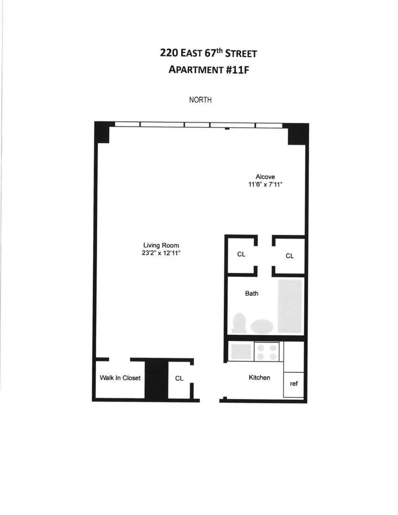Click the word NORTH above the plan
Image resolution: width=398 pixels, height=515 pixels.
200,100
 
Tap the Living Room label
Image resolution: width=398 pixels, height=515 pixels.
161,245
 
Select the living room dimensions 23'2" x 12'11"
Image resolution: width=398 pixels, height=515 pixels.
161,253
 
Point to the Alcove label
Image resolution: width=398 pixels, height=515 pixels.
265,177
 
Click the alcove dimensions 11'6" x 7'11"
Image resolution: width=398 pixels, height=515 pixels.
265,184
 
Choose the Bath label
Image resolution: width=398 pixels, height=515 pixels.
252,293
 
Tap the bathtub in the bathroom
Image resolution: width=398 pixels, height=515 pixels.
290,306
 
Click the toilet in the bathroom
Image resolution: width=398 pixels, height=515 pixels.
239,323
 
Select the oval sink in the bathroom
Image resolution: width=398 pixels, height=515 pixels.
261,326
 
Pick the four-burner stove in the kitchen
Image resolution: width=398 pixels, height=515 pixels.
267,352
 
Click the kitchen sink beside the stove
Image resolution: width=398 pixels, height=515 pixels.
241,351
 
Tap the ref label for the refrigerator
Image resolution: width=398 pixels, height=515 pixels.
294,384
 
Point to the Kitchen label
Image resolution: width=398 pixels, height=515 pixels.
259,377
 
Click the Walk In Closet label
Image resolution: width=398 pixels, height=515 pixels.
120,378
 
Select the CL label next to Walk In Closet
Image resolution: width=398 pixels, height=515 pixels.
179,378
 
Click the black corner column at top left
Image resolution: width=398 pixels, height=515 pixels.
102,132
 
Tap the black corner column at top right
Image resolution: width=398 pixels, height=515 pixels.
298,134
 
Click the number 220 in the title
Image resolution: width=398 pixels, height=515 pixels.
169,53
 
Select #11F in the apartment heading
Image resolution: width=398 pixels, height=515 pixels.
237,70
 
